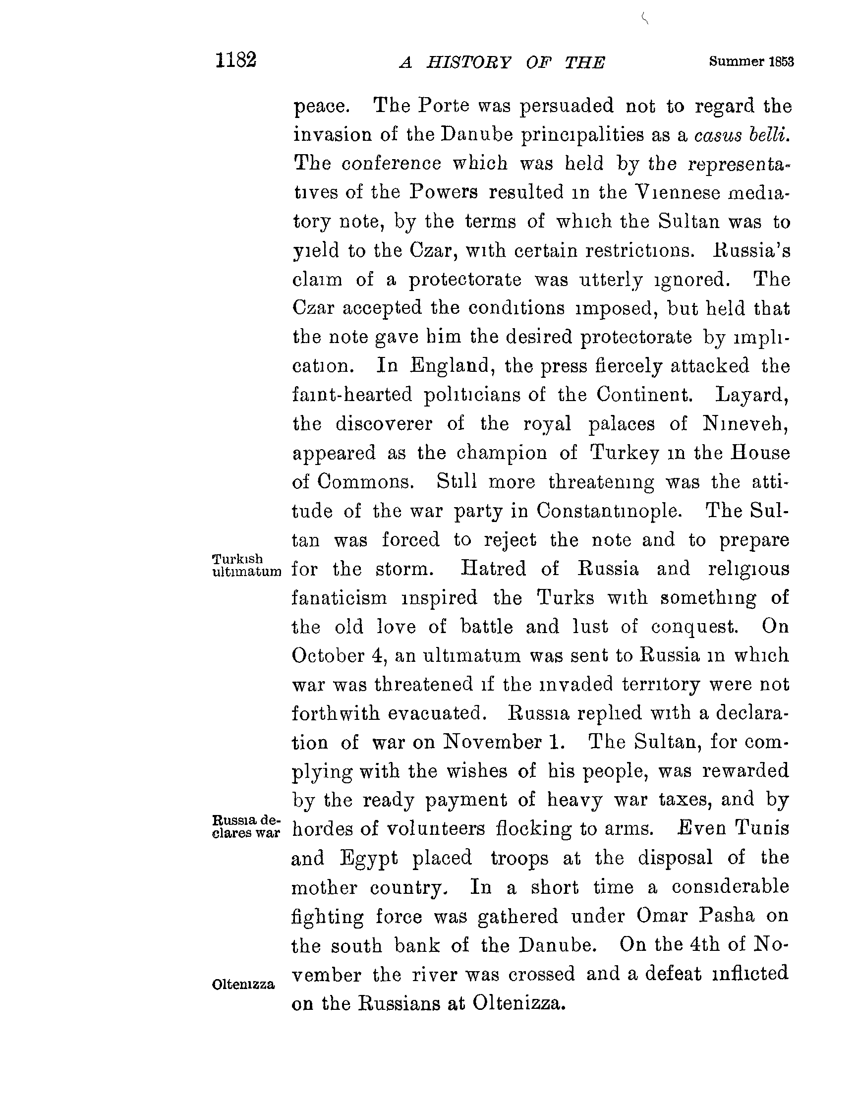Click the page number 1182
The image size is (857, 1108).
click(236, 60)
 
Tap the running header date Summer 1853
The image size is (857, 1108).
click(751, 62)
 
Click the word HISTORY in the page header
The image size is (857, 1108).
click(468, 62)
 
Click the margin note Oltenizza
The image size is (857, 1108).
click(243, 985)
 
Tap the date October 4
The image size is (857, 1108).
click(336, 655)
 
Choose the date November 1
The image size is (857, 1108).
click(504, 742)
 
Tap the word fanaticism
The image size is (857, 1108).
click(339, 598)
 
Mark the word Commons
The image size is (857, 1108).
click(365, 481)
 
